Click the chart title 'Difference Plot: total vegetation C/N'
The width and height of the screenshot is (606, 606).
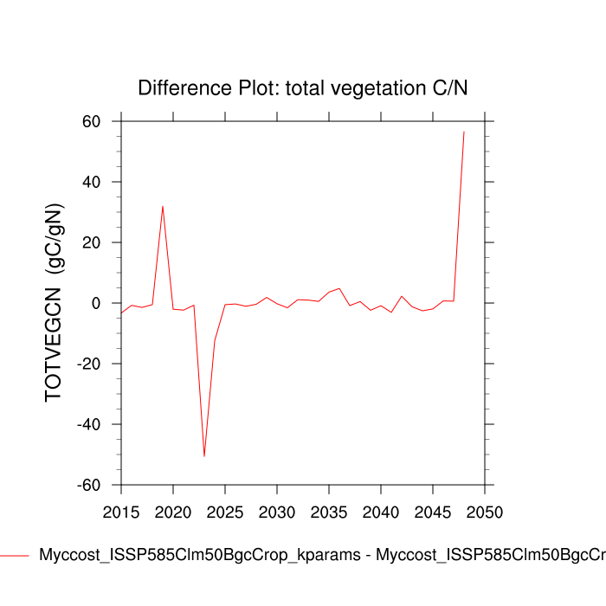(303, 87)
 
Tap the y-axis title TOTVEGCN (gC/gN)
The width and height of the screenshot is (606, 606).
(55, 303)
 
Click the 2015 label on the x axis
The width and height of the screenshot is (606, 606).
(121, 512)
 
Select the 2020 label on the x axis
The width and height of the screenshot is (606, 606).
(173, 512)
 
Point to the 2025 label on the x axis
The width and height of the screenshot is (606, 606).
(225, 512)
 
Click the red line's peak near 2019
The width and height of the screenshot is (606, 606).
(163, 206)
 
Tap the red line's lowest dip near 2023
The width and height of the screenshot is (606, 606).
(204, 456)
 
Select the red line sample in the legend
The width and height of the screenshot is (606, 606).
(15, 555)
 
